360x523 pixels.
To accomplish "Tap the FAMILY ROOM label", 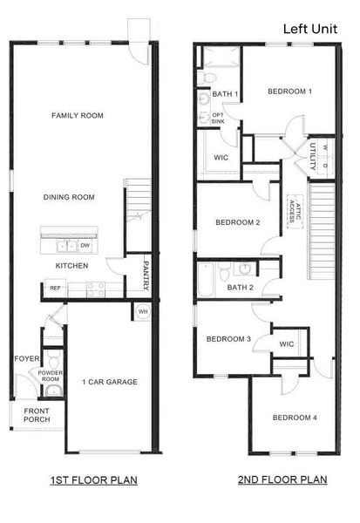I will point(78,115).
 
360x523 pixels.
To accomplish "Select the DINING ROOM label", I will point(69,197).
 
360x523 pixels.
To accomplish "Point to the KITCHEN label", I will point(73,265).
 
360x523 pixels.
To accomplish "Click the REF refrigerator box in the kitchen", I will point(55,287).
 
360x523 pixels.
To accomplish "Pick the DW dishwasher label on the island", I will point(86,245).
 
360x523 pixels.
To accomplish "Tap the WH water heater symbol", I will point(142,310).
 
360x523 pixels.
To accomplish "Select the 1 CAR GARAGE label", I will point(110,382).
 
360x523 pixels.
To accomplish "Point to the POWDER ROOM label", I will point(50,377).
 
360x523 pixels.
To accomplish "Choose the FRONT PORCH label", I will point(37,415).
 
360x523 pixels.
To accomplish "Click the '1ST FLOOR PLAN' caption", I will point(94,479).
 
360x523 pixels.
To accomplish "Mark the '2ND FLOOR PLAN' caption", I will point(282,479).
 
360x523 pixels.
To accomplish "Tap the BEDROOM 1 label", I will point(290,91).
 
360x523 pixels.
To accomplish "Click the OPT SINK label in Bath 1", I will point(218,118).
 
